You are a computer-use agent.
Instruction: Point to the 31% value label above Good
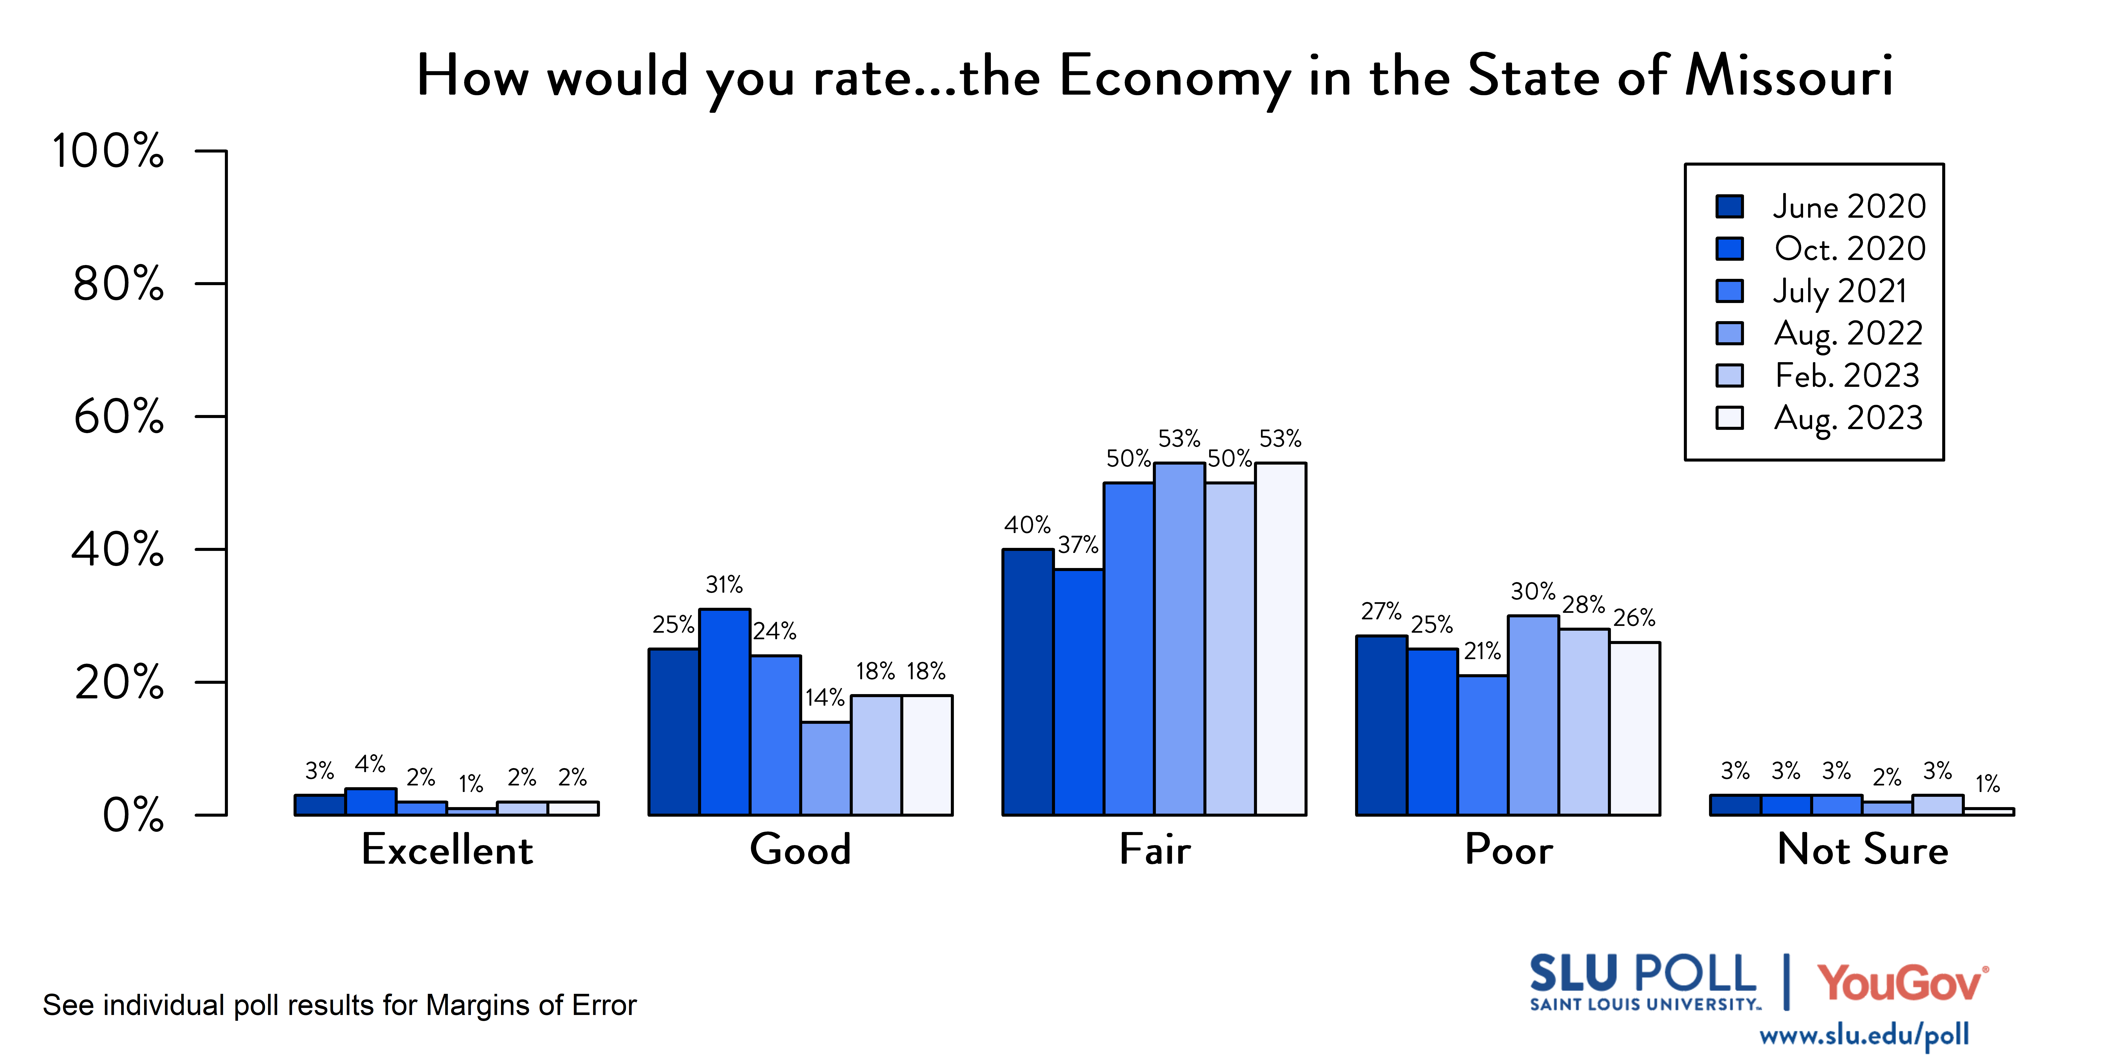[x=724, y=585]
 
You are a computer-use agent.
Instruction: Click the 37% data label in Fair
[x=1078, y=545]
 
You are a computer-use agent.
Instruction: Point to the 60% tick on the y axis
[x=119, y=417]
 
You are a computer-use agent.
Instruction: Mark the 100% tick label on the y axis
[x=108, y=151]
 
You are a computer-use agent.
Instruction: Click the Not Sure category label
[x=1862, y=849]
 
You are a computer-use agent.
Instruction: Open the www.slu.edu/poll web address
[x=1864, y=1036]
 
